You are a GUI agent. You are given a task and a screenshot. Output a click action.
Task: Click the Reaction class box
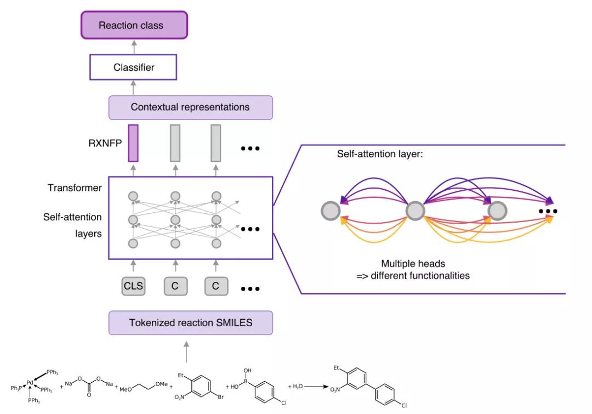[134, 25]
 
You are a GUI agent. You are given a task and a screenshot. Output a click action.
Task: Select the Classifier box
[134, 68]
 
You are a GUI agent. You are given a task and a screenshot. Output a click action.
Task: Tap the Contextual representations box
[190, 107]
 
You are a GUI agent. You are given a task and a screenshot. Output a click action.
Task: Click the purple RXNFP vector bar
[133, 143]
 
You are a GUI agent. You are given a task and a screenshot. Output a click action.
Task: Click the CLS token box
[134, 286]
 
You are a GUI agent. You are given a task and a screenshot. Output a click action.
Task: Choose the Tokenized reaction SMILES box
[190, 322]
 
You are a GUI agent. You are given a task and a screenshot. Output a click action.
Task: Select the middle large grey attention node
[415, 211]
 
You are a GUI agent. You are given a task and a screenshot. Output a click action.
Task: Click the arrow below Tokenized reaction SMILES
[186, 351]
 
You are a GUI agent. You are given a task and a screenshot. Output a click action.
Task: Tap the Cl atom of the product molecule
[404, 406]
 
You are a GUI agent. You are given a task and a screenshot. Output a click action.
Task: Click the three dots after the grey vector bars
[249, 148]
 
